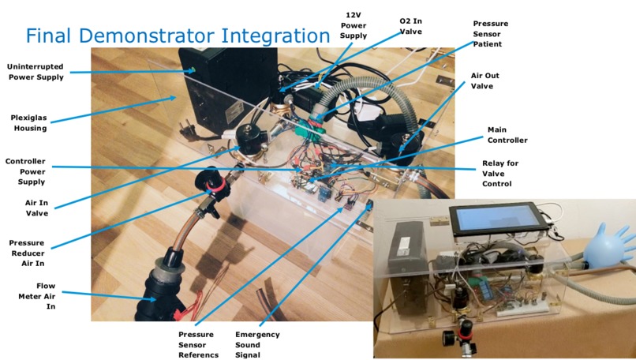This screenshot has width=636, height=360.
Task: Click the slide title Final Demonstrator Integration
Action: click(x=177, y=36)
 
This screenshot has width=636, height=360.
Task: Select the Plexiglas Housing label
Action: click(x=28, y=122)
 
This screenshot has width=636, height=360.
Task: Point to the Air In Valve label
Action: click(x=36, y=207)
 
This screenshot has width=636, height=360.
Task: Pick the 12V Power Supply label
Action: click(x=353, y=24)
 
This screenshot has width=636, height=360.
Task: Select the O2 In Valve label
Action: click(x=411, y=26)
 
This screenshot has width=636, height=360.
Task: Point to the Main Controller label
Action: click(x=507, y=135)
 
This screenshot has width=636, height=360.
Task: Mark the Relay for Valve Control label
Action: click(x=496, y=174)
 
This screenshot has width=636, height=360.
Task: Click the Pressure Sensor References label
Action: click(x=198, y=344)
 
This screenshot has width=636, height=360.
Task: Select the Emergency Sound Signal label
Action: click(x=257, y=344)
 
